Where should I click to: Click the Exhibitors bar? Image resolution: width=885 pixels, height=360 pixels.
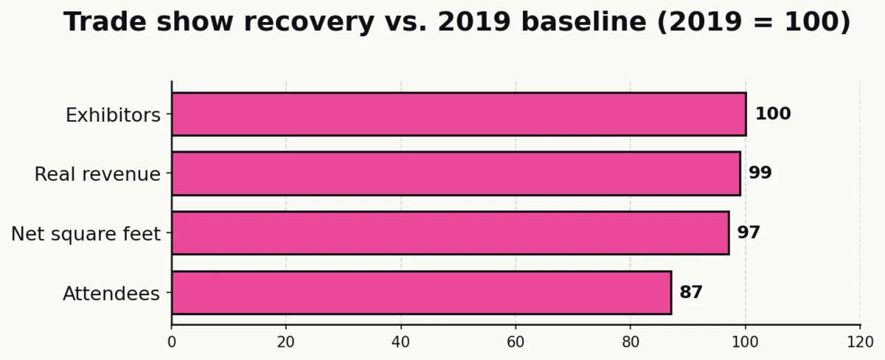click(x=459, y=114)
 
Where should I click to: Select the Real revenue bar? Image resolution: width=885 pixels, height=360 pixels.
click(x=456, y=173)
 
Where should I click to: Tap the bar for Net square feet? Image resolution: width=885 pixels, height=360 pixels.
click(x=450, y=233)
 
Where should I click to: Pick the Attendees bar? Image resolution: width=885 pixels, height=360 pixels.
click(x=421, y=293)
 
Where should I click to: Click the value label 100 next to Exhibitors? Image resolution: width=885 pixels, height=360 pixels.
click(x=772, y=114)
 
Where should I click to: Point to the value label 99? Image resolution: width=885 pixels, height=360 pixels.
click(x=760, y=173)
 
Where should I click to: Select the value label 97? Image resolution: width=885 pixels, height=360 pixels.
click(x=749, y=233)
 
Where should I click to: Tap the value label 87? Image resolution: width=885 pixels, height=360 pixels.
click(x=691, y=293)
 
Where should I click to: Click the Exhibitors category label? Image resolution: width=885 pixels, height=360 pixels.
click(x=113, y=116)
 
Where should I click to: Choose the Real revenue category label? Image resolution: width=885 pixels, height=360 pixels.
click(x=97, y=175)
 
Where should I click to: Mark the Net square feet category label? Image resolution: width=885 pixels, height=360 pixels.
click(x=86, y=235)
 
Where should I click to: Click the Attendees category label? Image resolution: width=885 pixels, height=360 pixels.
click(x=111, y=294)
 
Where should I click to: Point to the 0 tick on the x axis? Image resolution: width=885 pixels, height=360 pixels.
click(x=172, y=342)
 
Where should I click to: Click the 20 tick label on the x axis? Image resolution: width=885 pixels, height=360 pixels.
click(x=286, y=342)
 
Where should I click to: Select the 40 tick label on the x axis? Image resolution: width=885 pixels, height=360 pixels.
click(x=401, y=342)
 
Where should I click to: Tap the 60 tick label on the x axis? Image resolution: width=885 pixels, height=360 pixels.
click(x=516, y=342)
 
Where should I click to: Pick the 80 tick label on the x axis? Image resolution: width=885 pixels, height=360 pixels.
click(x=631, y=342)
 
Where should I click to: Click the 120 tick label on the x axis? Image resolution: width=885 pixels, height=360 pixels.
click(x=860, y=342)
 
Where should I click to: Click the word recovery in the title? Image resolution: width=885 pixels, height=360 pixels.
click(x=309, y=22)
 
